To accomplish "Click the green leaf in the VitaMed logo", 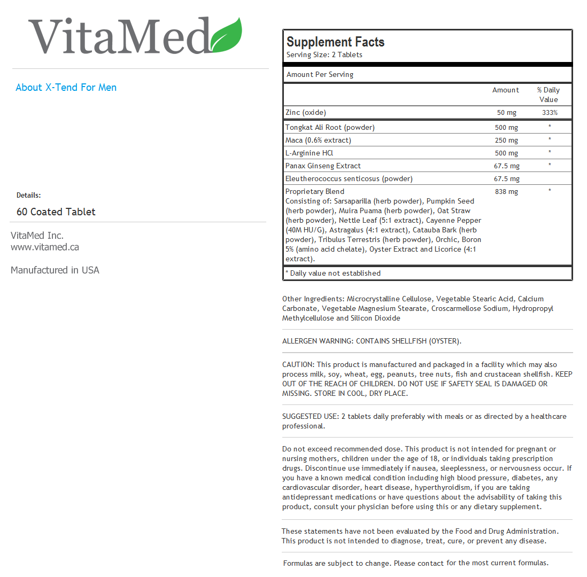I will pos(227,36).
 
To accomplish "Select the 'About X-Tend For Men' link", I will pos(66,88).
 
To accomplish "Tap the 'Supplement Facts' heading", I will pos(335,42).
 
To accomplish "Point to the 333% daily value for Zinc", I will pos(549,113).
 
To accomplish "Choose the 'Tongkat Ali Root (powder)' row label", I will pos(330,128).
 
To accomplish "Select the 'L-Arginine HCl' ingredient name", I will pos(309,153).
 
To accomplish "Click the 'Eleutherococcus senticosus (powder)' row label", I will pos(349,179).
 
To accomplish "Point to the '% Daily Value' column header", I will pos(549,95).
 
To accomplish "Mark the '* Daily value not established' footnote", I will pos(333,274).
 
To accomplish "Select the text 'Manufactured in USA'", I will pos(55,270).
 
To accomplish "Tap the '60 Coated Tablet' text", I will pos(56,212).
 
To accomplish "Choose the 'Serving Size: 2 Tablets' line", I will pos(324,55).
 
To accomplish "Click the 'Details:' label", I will pos(28,196).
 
